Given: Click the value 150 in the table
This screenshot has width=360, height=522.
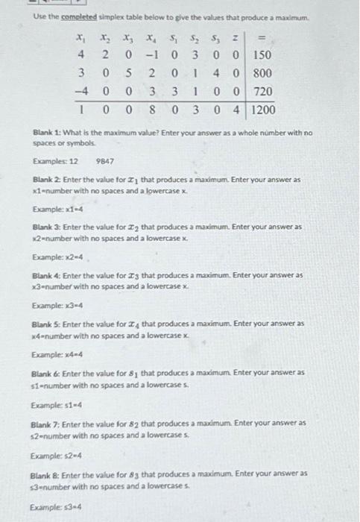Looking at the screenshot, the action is point(261,55).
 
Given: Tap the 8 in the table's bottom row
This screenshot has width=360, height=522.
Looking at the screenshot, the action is point(152,110).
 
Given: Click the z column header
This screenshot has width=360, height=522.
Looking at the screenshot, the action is point(237,37).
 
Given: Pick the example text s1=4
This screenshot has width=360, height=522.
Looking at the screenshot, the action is point(60,404).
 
